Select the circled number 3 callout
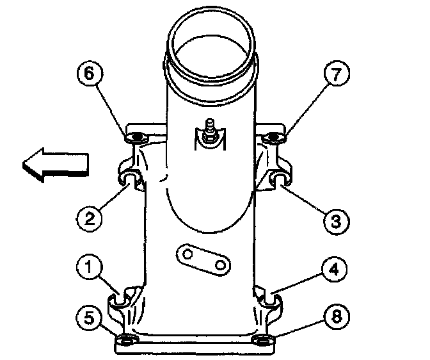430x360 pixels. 335,220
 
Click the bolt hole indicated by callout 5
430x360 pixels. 128,338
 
